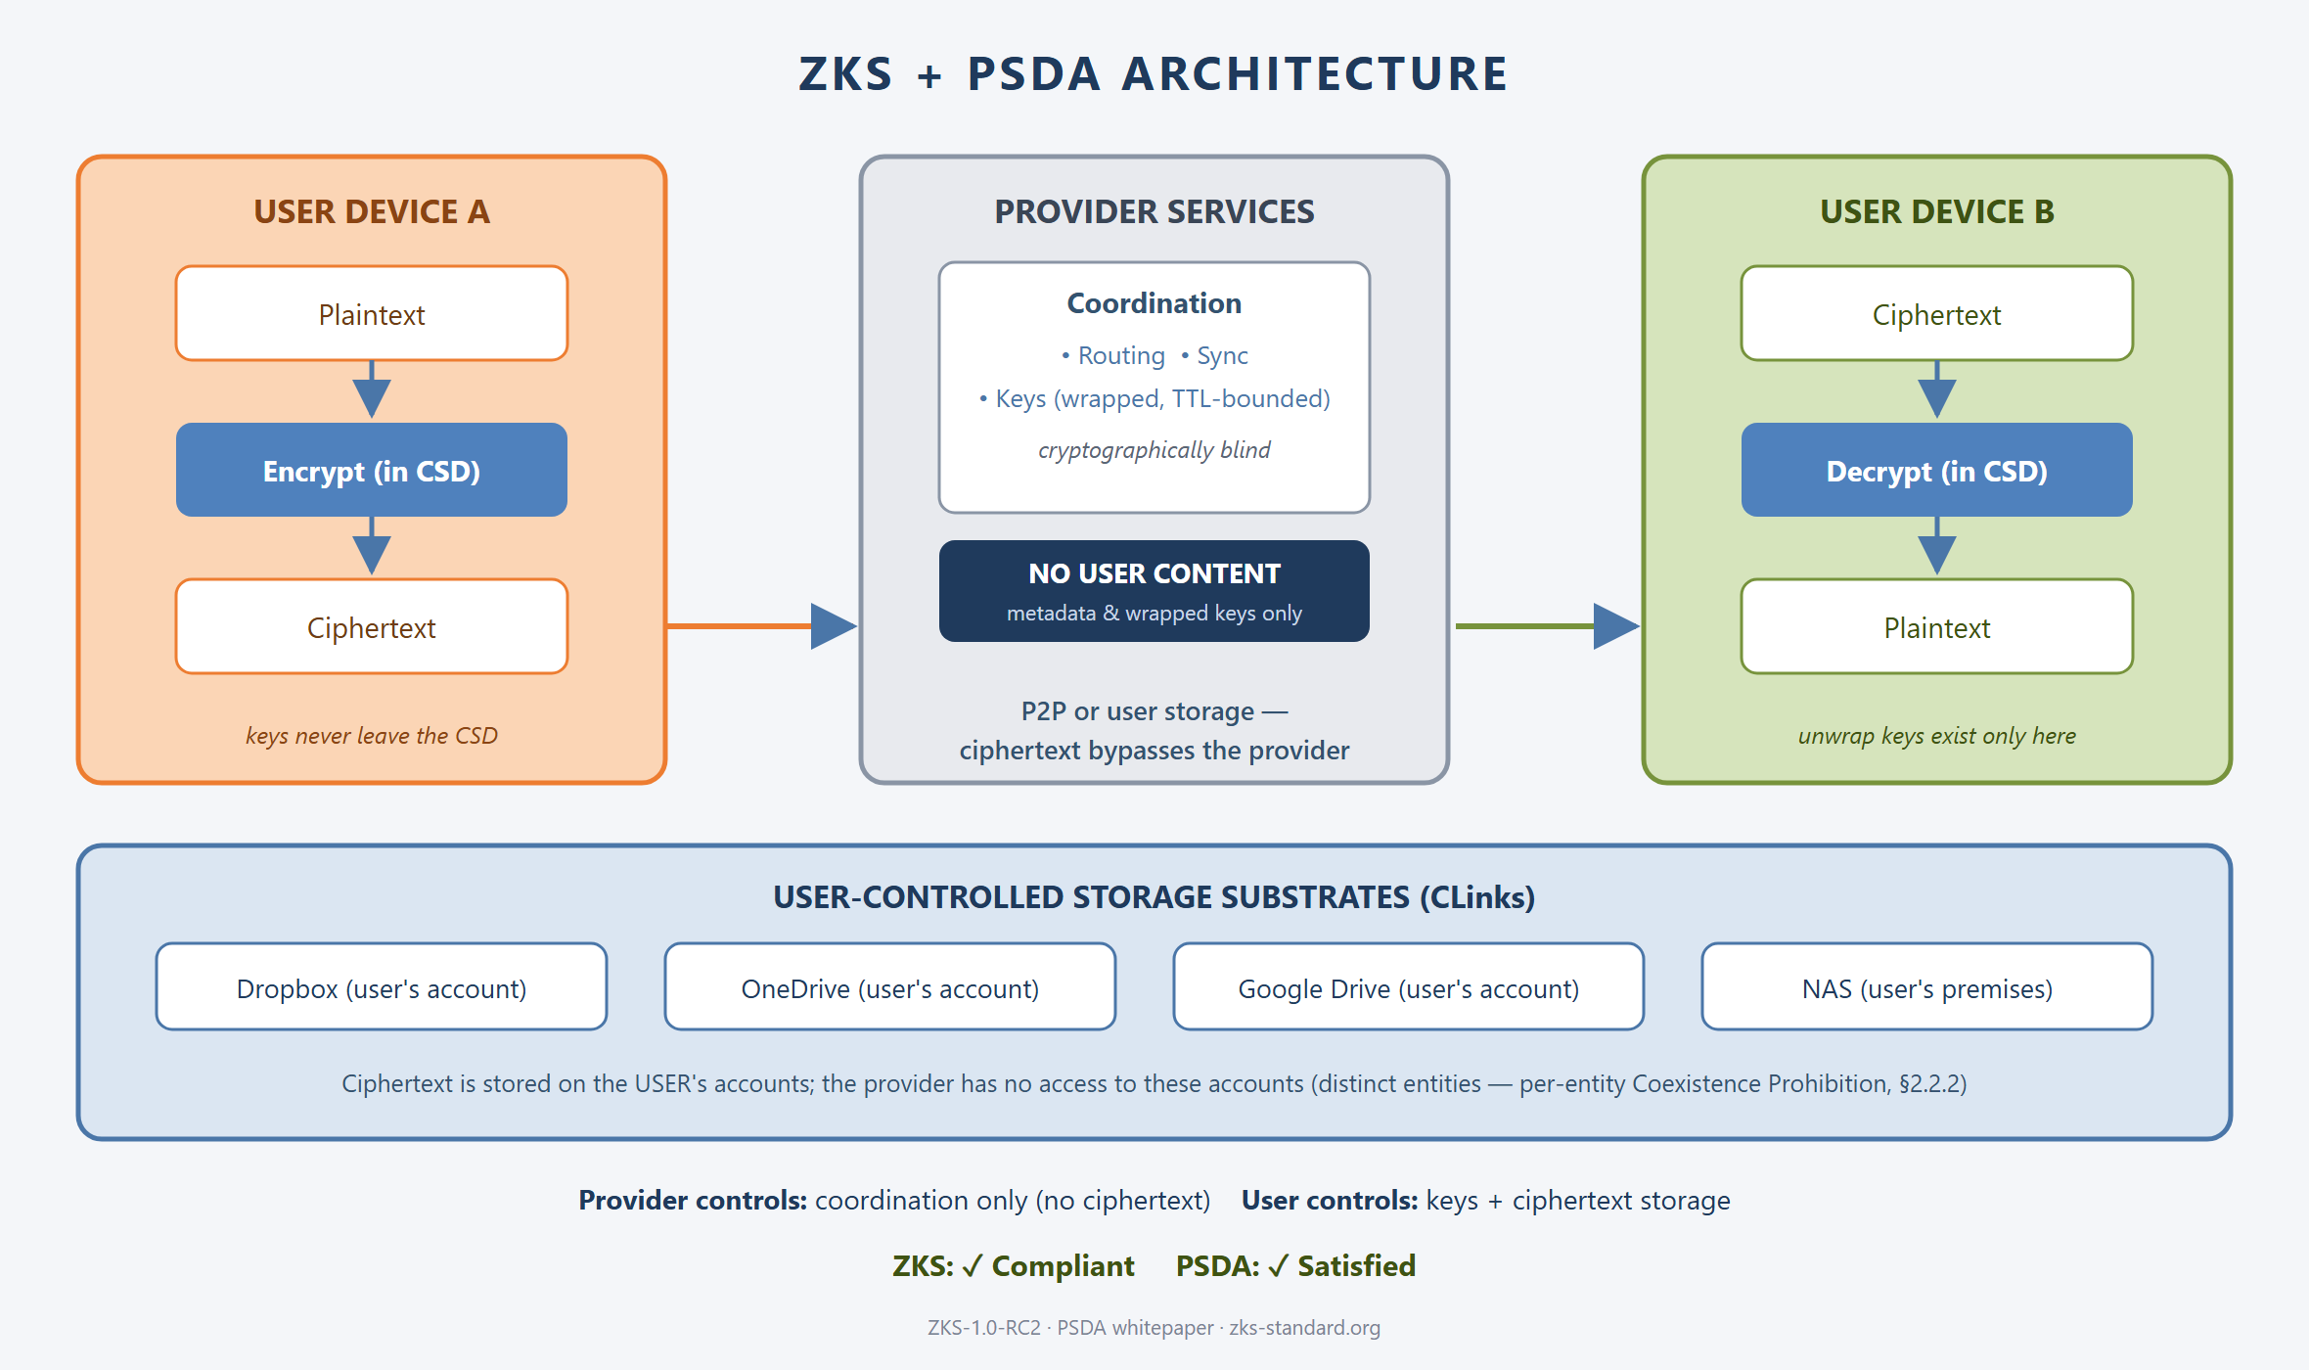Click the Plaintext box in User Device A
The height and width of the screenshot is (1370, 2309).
pos(372,313)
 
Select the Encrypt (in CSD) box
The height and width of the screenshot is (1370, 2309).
pos(372,470)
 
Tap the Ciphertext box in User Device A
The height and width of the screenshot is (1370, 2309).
pos(372,626)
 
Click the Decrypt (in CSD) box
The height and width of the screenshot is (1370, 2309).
pos(1937,470)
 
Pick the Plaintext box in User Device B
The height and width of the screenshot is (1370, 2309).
pos(1937,626)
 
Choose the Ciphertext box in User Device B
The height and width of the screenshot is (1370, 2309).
pos(1937,313)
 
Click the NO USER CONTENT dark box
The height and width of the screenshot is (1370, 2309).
pos(1154,591)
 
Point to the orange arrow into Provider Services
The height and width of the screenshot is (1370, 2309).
pos(762,626)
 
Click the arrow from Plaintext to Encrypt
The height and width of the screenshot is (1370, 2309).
pos(372,389)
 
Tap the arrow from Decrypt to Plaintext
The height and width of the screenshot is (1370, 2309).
pos(1937,546)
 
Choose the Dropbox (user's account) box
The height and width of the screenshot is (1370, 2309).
pos(382,986)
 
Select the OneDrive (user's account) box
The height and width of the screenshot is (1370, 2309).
pos(890,986)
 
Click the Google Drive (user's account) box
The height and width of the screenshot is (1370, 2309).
pos(1409,986)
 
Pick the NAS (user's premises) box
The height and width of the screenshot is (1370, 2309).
pos(1927,986)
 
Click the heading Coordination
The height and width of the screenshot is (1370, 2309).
pos(1154,303)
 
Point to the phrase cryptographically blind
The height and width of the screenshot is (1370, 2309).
pos(1154,450)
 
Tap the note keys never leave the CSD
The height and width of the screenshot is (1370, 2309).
pos(372,736)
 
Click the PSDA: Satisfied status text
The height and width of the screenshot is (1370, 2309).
pos(1295,1265)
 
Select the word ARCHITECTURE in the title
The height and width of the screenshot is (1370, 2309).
pos(1315,74)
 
